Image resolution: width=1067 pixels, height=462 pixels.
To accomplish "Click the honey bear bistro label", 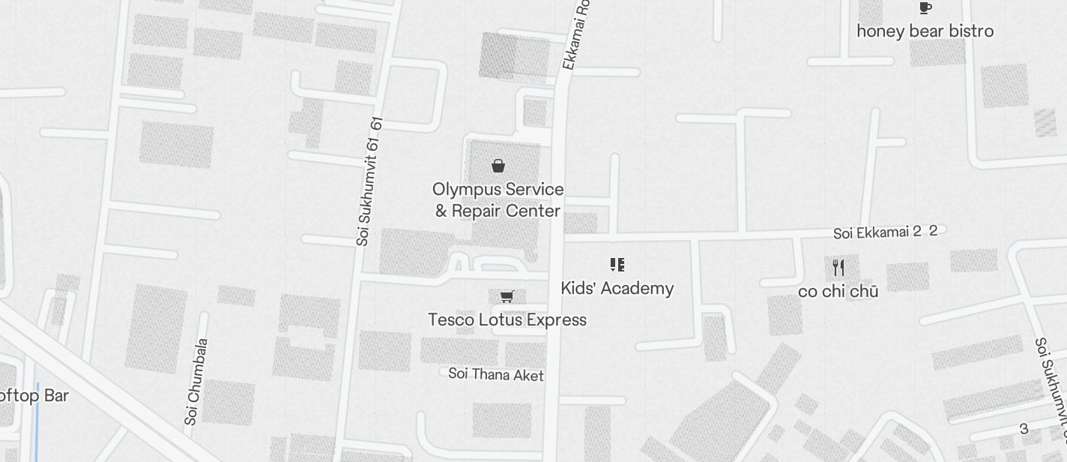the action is [x=925, y=31].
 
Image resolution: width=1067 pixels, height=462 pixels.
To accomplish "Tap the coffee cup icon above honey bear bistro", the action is [x=925, y=8].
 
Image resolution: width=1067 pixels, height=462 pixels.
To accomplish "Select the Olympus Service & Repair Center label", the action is [x=498, y=200].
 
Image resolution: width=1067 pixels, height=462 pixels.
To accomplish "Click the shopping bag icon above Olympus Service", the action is [x=498, y=166].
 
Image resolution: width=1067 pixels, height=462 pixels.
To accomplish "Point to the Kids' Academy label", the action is [x=617, y=289].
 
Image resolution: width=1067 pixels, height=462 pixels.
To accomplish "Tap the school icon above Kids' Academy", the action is [x=617, y=264].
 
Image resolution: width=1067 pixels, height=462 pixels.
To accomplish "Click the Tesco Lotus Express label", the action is [x=507, y=320].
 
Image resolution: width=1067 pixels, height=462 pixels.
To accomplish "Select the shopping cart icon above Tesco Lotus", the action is [x=507, y=297].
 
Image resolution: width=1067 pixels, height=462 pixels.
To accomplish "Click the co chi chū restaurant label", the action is [x=838, y=292].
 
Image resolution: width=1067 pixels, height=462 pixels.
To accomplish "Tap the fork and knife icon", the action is [x=838, y=268].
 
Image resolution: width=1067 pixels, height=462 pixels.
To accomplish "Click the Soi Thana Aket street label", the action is [x=496, y=374].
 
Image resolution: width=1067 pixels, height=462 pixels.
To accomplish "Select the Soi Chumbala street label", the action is [x=196, y=382].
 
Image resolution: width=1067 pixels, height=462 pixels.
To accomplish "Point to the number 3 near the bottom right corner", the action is [x=1024, y=429].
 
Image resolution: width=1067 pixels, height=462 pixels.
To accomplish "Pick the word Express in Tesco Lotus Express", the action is [x=556, y=320].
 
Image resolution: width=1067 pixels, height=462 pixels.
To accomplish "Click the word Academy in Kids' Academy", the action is [x=640, y=289].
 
